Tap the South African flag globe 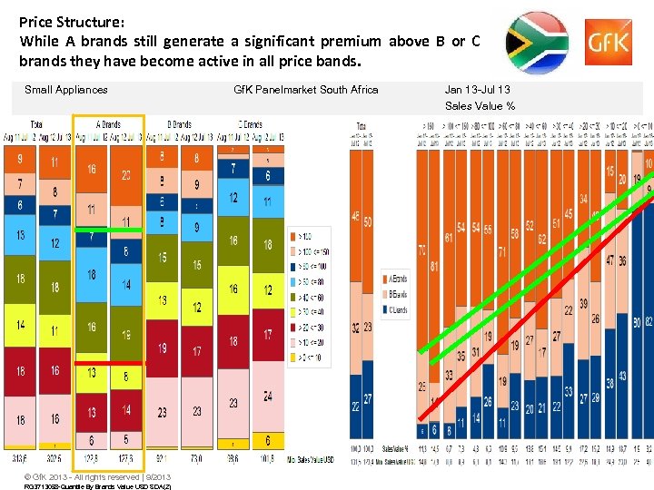[536, 43]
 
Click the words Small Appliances [66, 89]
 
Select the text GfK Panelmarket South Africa [306, 89]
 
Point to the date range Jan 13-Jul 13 [477, 89]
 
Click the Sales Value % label [480, 106]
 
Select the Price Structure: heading [72, 19]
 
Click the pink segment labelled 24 [267, 397]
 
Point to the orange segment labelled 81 [434, 266]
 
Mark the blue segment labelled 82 [648, 323]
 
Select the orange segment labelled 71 [500, 251]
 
